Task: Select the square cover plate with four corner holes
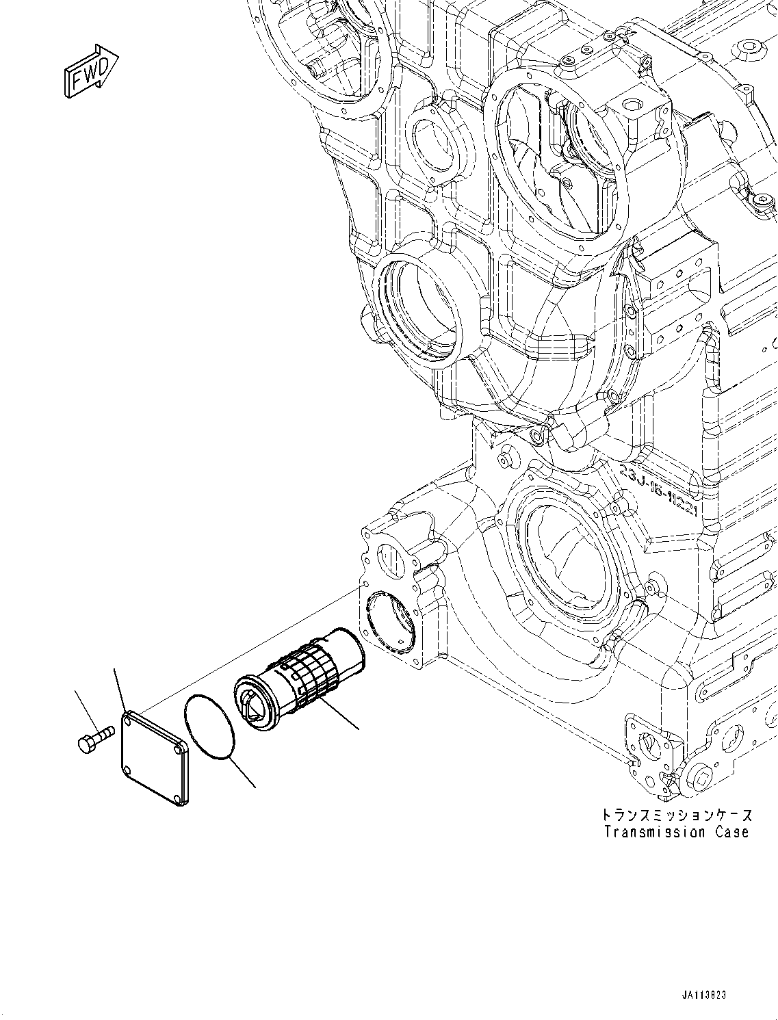tap(153, 756)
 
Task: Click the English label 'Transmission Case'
tap(676, 833)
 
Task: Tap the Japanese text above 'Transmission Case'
tap(676, 815)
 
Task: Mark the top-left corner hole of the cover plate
tap(128, 718)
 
